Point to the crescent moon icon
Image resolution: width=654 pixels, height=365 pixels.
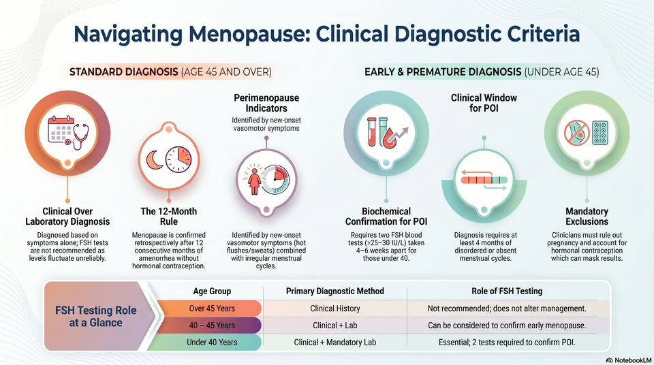tap(155, 160)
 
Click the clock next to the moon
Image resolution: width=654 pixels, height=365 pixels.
tap(178, 159)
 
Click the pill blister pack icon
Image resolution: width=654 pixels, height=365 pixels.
tap(600, 133)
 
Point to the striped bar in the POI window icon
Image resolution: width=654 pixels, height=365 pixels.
tap(484, 180)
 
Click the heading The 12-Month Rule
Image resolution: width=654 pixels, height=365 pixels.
tap(168, 216)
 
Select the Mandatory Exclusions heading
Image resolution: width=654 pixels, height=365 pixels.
tap(587, 216)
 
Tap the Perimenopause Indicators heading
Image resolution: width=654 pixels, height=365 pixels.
tap(266, 103)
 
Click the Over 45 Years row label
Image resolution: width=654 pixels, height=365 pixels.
tap(212, 308)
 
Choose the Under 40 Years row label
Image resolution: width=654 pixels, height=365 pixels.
tap(212, 343)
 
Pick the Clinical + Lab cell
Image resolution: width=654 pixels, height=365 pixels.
tap(335, 326)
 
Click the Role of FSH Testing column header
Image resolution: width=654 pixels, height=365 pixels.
tap(507, 291)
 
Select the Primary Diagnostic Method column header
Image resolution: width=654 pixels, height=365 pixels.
tap(335, 291)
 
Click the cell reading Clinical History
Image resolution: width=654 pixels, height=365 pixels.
tap(335, 308)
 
